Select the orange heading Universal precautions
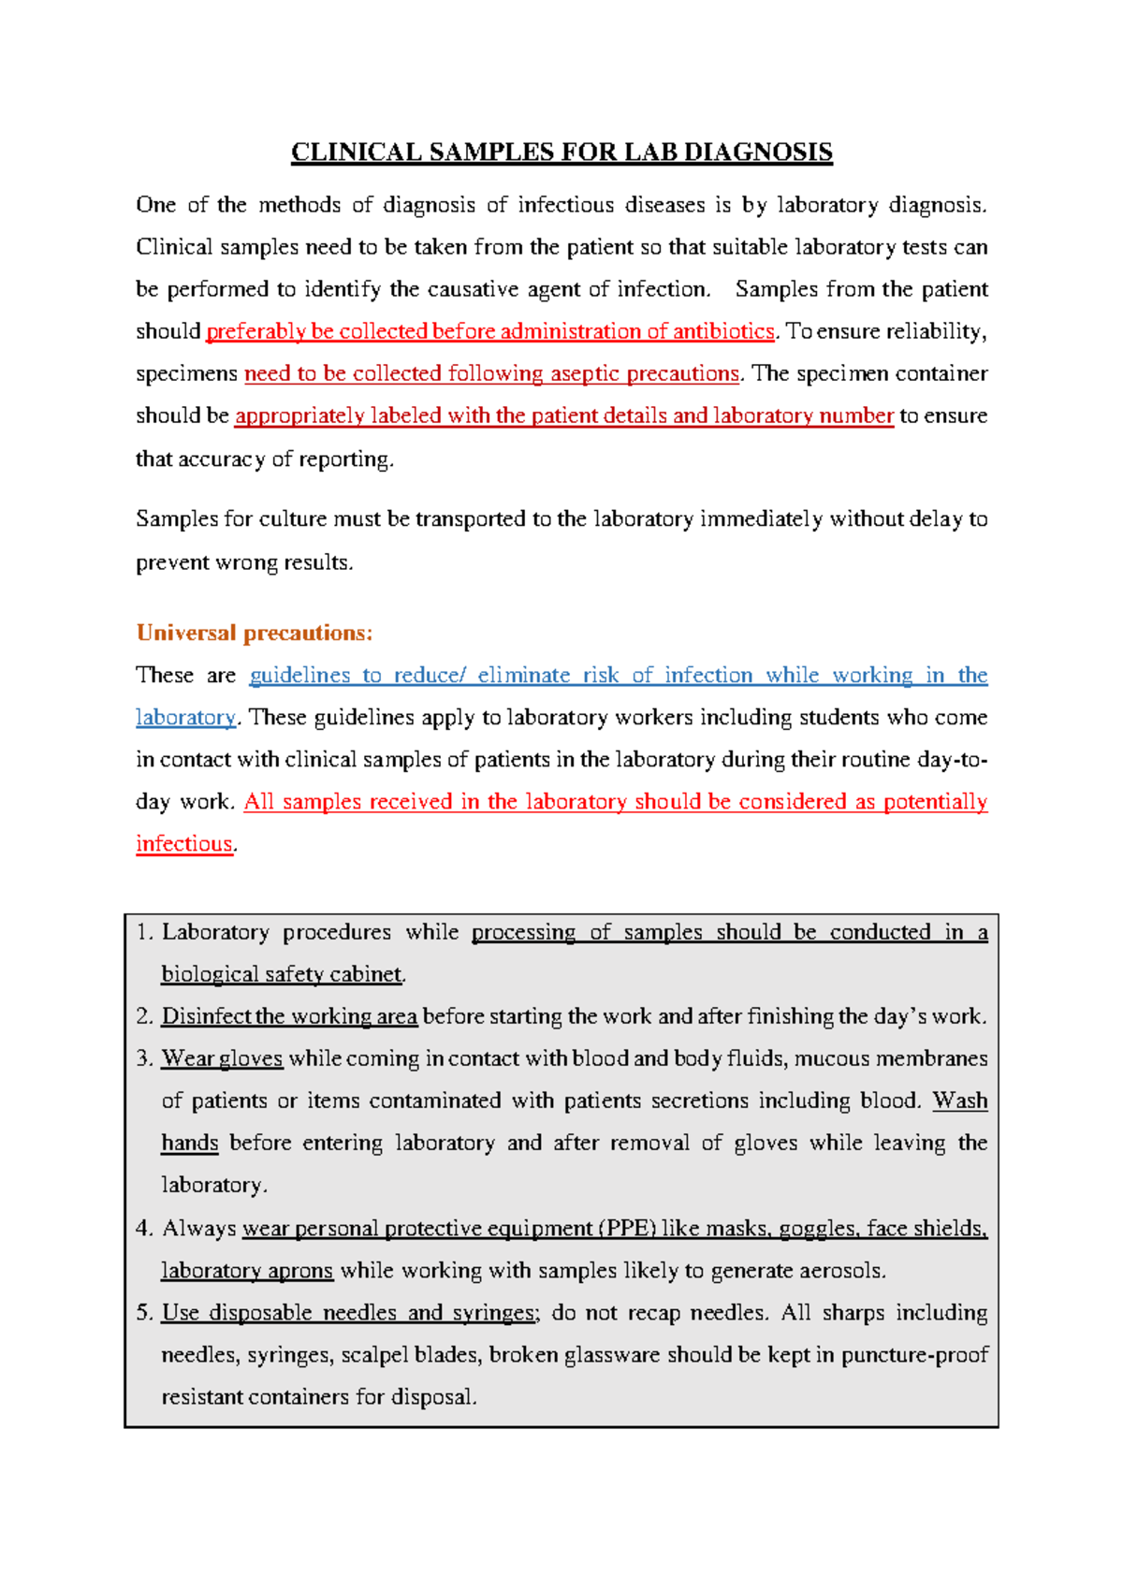point(255,634)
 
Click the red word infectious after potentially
point(184,844)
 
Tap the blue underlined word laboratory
point(185,718)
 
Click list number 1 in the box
point(143,932)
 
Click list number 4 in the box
point(143,1228)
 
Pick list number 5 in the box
point(143,1313)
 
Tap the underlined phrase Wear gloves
point(222,1058)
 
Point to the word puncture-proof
point(914,1355)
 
